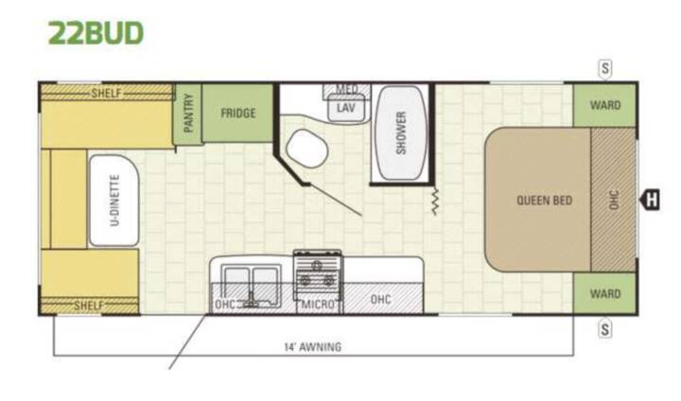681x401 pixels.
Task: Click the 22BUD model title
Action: [96, 33]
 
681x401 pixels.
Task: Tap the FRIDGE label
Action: [238, 113]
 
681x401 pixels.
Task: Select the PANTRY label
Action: [188, 113]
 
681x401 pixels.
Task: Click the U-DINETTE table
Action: [113, 200]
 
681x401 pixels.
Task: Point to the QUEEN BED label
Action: [544, 200]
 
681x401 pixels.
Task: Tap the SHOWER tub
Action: [400, 132]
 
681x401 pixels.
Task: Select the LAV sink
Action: [346, 108]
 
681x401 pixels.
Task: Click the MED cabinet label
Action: [346, 90]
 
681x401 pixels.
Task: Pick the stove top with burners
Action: [318, 273]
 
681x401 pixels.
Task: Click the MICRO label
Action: [319, 305]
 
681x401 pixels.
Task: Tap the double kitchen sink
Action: [251, 286]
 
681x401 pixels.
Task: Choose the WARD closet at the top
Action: [605, 105]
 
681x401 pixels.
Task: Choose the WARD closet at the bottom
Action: [605, 294]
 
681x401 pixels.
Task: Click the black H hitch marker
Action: [650, 200]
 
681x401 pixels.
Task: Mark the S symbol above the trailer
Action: [605, 69]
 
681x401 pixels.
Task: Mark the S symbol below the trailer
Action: [605, 329]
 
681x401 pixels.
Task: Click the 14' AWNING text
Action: [313, 347]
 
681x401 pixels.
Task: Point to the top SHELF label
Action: [106, 93]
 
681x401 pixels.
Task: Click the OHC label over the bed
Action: [614, 200]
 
